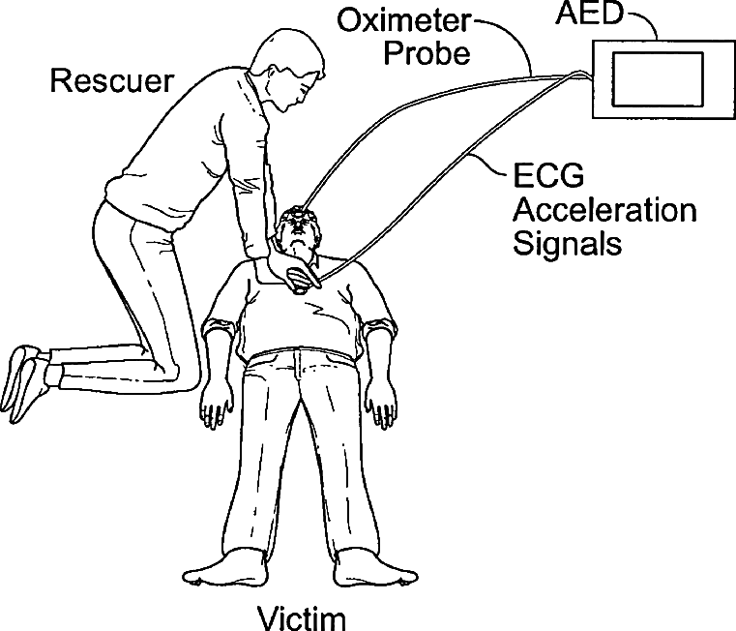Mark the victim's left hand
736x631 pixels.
pyautogui.click(x=383, y=403)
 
